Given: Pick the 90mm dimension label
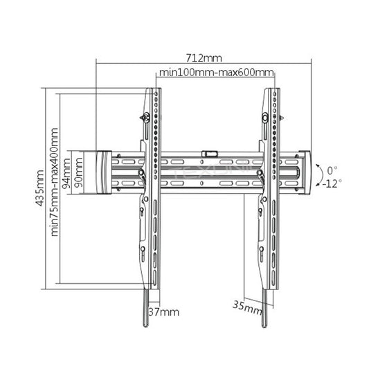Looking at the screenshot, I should click(x=80, y=172).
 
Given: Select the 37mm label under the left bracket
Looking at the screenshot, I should click(x=165, y=312).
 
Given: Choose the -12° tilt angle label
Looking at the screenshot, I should click(x=331, y=183).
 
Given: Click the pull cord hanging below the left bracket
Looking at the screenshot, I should click(x=146, y=308).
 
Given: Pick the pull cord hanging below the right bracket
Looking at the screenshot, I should click(x=264, y=308).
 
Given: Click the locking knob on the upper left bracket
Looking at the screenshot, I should click(x=145, y=118).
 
